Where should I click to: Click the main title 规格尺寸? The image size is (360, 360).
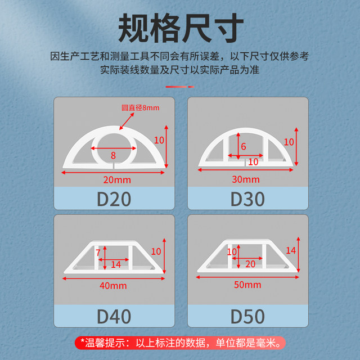(180, 25)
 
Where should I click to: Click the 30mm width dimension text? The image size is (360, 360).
(247, 179)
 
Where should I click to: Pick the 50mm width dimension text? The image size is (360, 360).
(247, 285)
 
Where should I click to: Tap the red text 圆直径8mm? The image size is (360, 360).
(141, 107)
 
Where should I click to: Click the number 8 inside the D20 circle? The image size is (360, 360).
(112, 155)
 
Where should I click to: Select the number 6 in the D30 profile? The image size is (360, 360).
(244, 146)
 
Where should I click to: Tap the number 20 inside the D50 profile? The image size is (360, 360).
(250, 263)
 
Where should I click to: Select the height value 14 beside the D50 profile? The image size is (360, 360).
(291, 250)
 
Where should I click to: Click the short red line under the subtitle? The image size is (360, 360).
(180, 87)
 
